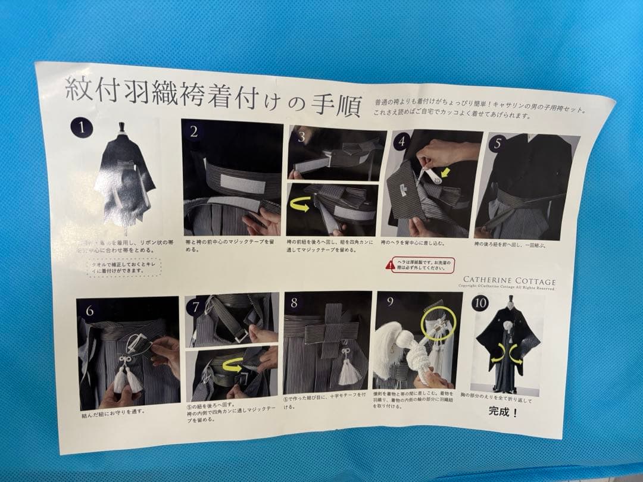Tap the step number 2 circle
point(194,132)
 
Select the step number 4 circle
point(403,142)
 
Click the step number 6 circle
point(90,311)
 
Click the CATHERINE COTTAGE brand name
point(509,281)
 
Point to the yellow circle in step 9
point(438,324)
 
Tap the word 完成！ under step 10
point(503,411)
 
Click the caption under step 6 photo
point(113,410)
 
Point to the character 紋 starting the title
point(78,89)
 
